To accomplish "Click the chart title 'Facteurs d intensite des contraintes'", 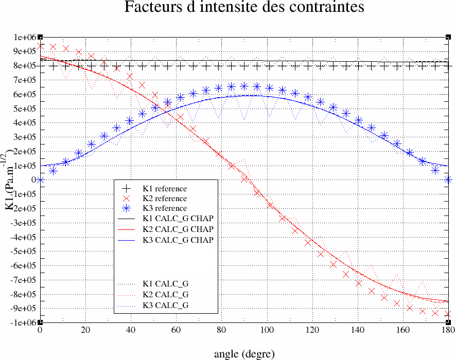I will point(244,8).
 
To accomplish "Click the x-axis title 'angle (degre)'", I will point(244,354).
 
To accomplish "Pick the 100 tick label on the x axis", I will point(267,330).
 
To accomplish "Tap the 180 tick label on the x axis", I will point(448,330).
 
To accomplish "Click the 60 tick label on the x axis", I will point(176,330).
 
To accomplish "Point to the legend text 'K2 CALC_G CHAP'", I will point(178,229).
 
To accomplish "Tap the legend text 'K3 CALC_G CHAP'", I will point(178,240).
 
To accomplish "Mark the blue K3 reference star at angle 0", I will point(40,180).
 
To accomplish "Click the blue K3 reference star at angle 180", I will point(448,179).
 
